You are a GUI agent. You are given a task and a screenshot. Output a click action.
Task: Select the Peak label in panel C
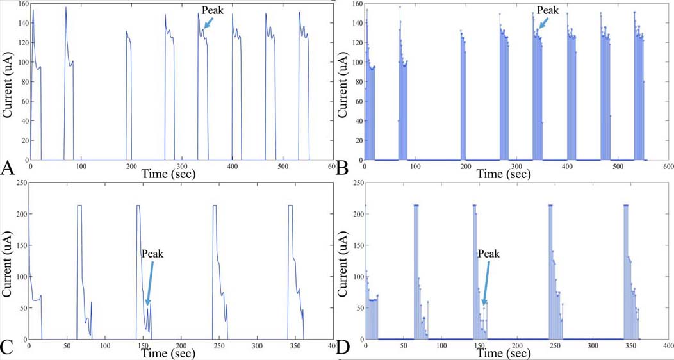pos(152,254)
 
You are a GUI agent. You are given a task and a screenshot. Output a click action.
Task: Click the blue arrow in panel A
pos(207,24)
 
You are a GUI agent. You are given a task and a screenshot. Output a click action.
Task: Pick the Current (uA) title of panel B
pos(343,83)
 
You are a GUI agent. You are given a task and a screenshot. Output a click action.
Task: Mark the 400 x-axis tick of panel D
pos(667,346)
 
